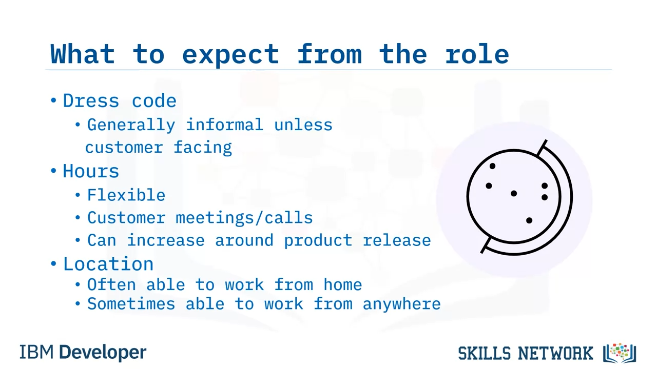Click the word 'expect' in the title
[x=230, y=55]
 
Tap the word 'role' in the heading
[x=477, y=54]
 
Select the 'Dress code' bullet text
[x=120, y=101]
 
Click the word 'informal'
[x=224, y=125]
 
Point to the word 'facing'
[x=203, y=148]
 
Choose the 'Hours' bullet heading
[x=91, y=171]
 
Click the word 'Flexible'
[x=126, y=195]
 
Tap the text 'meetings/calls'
[x=244, y=218]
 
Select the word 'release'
[x=397, y=240]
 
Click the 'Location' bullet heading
[x=108, y=264]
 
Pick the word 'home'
[x=343, y=284]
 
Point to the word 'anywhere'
[x=402, y=304]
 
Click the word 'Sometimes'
[x=131, y=304]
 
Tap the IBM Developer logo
[x=83, y=352]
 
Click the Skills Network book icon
[x=620, y=353]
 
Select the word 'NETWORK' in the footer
[x=555, y=353]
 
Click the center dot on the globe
[x=514, y=193]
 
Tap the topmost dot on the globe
[x=492, y=167]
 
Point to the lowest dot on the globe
[x=529, y=220]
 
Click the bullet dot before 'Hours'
[x=53, y=171]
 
